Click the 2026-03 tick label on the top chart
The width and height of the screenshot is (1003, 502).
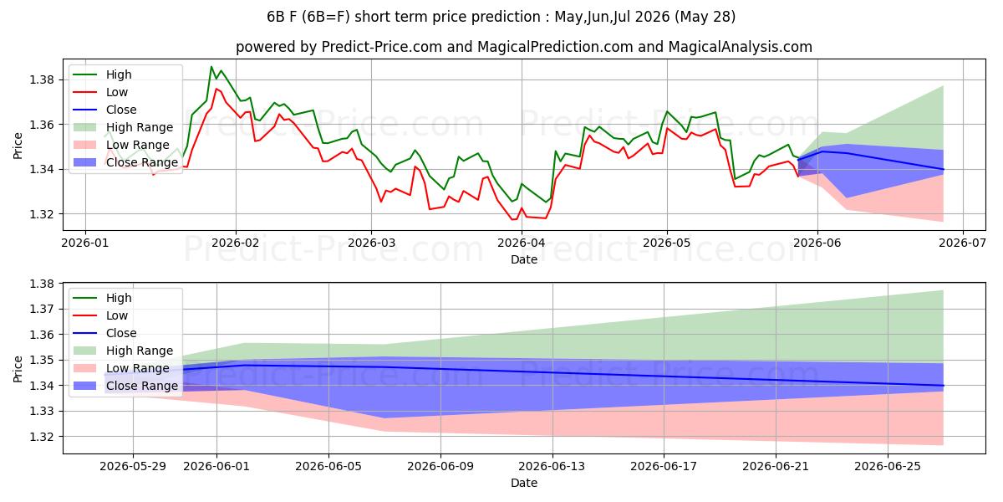pyautogui.click(x=371, y=243)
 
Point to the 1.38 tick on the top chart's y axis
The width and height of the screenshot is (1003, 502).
pyautogui.click(x=42, y=80)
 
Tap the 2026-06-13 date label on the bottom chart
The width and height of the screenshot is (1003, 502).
pyautogui.click(x=552, y=467)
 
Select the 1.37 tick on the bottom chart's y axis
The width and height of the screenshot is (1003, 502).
pyautogui.click(x=42, y=310)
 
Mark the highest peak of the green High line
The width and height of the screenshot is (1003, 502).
pyautogui.click(x=211, y=67)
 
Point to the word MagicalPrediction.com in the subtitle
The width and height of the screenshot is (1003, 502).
pyautogui.click(x=555, y=47)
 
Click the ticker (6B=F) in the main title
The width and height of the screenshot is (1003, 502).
pyautogui.click(x=328, y=17)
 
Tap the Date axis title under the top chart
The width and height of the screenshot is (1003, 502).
pyautogui.click(x=524, y=259)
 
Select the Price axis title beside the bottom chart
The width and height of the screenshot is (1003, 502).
pyautogui.click(x=18, y=369)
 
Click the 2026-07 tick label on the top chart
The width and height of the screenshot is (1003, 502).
pyautogui.click(x=963, y=243)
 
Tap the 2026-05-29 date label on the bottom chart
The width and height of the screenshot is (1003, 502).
pyautogui.click(x=133, y=467)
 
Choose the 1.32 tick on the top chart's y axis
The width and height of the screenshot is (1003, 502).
pyautogui.click(x=42, y=214)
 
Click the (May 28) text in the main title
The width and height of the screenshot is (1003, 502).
pyautogui.click(x=705, y=17)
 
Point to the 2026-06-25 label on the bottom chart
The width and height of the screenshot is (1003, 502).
pyautogui.click(x=888, y=467)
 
